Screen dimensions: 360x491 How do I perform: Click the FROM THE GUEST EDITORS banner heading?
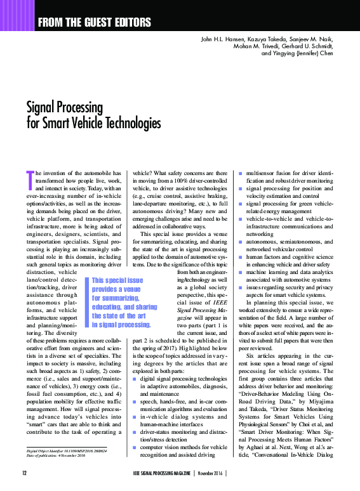(x=95, y=23)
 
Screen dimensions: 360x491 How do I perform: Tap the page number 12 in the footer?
(x=24, y=474)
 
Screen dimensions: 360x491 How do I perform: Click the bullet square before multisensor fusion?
(x=239, y=173)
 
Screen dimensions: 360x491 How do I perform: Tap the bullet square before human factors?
(x=239, y=258)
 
